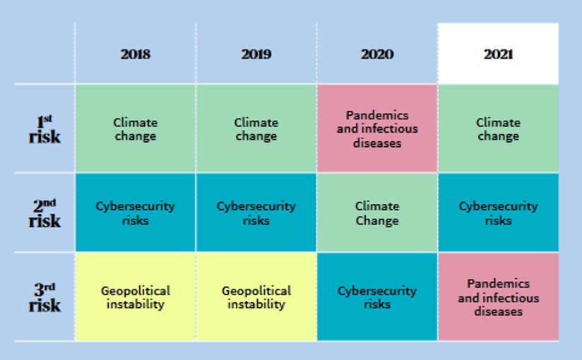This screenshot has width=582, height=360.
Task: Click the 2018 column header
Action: pos(135,54)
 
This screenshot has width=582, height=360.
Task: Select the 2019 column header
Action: pos(256,54)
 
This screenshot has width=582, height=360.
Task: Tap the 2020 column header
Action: pos(376,54)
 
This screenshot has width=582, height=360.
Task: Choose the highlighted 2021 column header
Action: pos(498,54)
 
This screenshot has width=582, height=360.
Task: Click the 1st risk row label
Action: pos(44,128)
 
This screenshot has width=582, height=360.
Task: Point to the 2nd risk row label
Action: pos(44,212)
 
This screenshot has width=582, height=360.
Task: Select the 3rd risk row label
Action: pos(44,297)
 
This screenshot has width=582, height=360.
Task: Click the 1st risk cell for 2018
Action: pos(135,128)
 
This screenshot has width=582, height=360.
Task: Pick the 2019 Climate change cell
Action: pos(256,128)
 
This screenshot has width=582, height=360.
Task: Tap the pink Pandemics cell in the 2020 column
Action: pos(376,128)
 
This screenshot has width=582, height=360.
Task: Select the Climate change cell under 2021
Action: pos(498,128)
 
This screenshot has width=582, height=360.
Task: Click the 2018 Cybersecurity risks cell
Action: pos(135,212)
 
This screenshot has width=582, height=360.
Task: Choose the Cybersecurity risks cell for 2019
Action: pos(256,212)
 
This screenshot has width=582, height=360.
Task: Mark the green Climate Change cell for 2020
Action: pos(376,212)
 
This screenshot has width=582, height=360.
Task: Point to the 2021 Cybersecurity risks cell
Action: pos(498,212)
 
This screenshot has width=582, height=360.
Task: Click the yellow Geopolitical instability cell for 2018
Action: pos(135,297)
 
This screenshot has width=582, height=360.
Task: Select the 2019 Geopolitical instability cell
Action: pos(256,297)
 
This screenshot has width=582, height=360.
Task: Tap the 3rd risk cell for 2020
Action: pos(376,297)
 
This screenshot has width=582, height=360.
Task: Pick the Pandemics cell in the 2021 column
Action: pos(498,297)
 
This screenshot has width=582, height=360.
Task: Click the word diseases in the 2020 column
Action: pos(376,143)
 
